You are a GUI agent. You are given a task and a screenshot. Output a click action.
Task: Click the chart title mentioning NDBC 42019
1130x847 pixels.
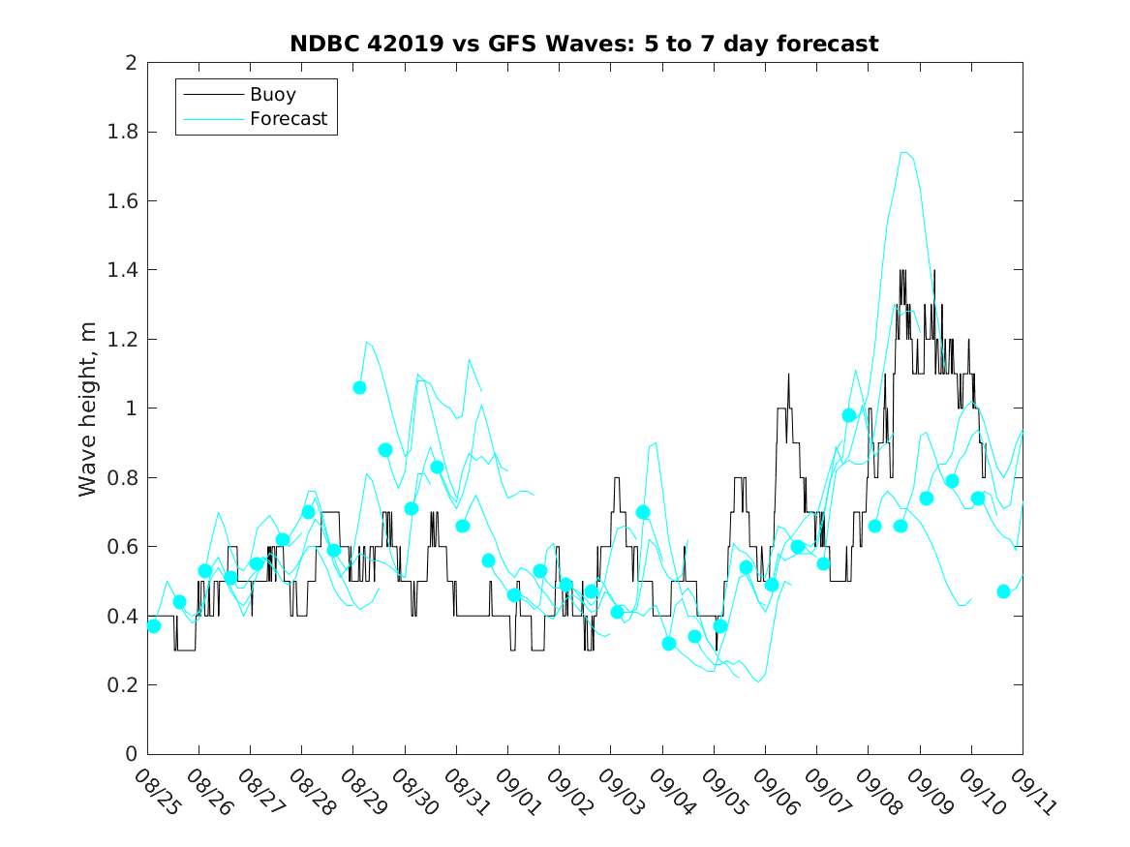[x=584, y=44]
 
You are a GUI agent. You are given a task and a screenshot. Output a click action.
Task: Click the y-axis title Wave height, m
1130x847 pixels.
[x=88, y=408]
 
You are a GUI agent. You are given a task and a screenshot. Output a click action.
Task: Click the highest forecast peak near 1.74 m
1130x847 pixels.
[x=904, y=152]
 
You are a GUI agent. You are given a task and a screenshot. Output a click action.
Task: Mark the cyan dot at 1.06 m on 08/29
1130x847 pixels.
[x=359, y=387]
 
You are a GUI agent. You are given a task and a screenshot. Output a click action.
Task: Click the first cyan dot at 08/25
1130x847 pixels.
[x=153, y=625]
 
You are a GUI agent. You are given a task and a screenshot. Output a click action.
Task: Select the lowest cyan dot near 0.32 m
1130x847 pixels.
[x=668, y=643]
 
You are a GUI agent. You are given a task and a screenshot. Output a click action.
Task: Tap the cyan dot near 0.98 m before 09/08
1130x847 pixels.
[x=849, y=415]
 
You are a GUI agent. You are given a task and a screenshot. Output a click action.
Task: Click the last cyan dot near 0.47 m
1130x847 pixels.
[x=1003, y=591]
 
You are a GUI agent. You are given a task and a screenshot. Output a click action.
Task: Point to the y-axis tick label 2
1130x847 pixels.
[x=130, y=63]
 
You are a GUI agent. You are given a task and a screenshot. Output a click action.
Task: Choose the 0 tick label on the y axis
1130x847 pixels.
[x=130, y=754]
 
